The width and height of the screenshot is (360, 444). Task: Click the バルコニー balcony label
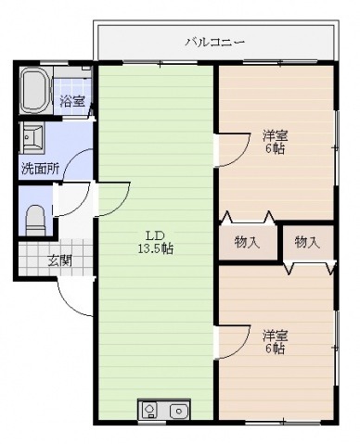[x=215, y=42]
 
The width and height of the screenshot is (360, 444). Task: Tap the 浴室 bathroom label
[x=72, y=101]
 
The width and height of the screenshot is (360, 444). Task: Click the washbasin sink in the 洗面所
[x=32, y=137]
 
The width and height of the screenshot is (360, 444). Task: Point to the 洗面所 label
[x=40, y=169]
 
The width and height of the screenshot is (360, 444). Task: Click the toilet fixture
[x=35, y=220]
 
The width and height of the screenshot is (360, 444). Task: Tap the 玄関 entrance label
[x=59, y=261]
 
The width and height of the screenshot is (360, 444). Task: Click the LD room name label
[x=155, y=236]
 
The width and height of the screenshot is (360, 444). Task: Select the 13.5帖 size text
[x=155, y=248]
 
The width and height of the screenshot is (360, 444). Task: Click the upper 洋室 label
[x=276, y=135]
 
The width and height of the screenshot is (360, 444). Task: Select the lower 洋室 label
[x=276, y=336]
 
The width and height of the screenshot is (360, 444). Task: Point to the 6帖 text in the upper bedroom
[x=275, y=149]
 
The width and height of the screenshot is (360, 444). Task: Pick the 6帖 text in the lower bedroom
[x=275, y=349]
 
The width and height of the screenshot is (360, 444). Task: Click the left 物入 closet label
[x=247, y=242]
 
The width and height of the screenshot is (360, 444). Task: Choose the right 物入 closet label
[x=307, y=242]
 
